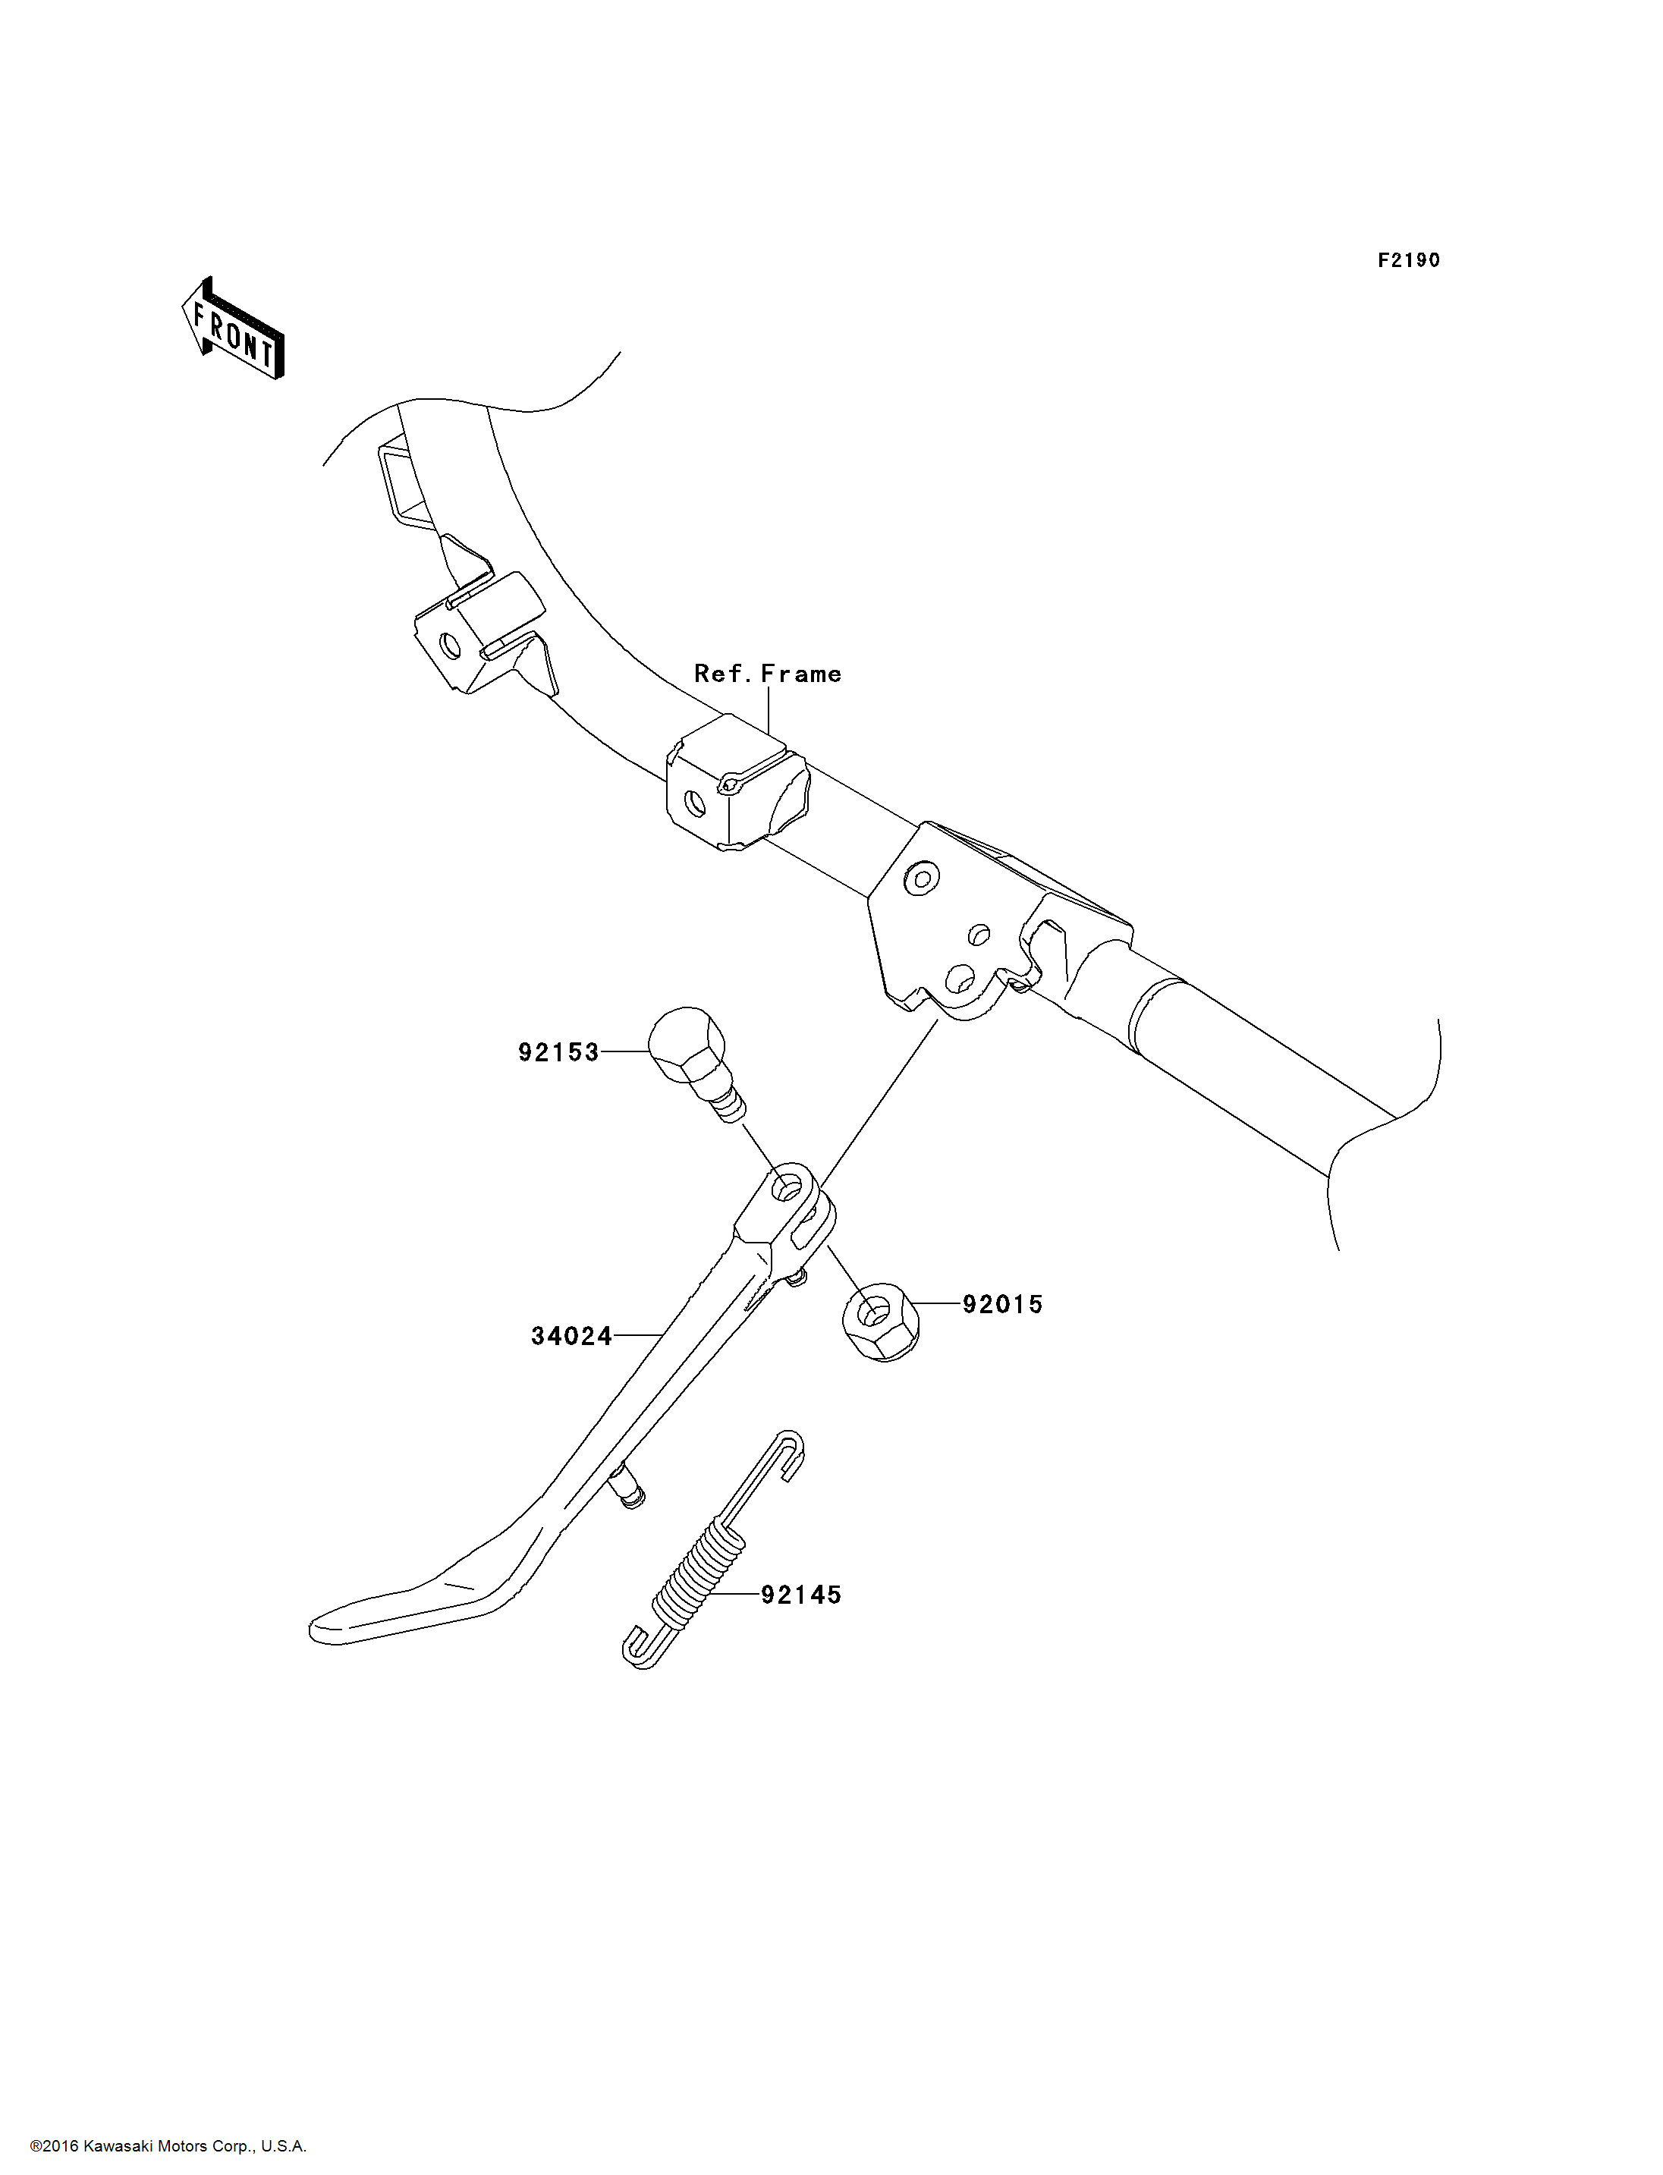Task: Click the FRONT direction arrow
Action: (x=234, y=330)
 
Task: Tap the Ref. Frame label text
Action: (x=767, y=674)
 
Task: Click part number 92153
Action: (x=558, y=1052)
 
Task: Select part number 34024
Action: (x=571, y=1337)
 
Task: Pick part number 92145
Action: (x=801, y=1595)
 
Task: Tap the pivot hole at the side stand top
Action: (x=787, y=1189)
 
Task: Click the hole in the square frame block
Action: (x=695, y=805)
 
